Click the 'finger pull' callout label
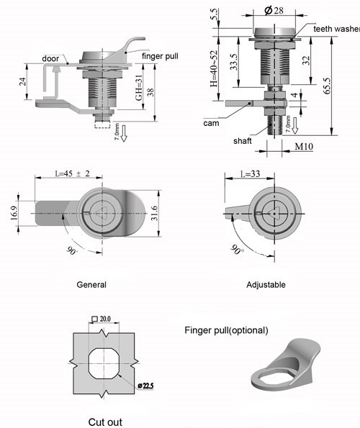[x=160, y=56]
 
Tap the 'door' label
[x=50, y=58]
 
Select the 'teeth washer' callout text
[x=336, y=29]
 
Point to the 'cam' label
[x=211, y=123]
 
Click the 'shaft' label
[x=243, y=141]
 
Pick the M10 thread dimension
[x=304, y=147]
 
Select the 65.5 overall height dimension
[x=327, y=86]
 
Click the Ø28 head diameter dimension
[x=274, y=10]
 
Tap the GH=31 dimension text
[x=139, y=88]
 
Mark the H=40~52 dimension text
[x=214, y=68]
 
